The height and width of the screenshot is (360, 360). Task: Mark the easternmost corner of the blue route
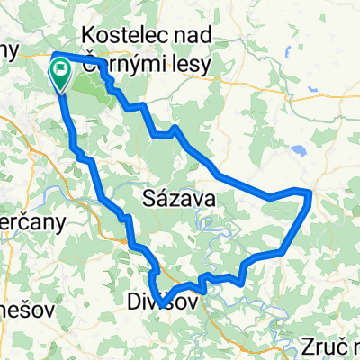311,193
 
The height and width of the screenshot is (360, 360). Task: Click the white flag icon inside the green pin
62,68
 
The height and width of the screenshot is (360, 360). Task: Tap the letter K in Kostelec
88,34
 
